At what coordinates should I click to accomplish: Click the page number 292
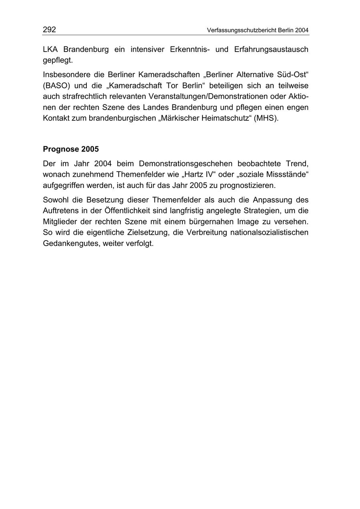click(x=49, y=30)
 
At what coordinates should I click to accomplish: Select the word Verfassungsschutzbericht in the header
click(x=242, y=30)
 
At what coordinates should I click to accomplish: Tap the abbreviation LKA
click(x=51, y=50)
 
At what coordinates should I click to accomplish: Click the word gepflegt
click(x=58, y=61)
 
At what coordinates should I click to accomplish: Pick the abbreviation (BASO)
click(x=56, y=86)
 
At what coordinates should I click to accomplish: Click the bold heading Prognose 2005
click(x=70, y=149)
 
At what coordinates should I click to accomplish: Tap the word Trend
click(x=297, y=163)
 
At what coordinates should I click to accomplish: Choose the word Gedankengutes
click(x=70, y=243)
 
